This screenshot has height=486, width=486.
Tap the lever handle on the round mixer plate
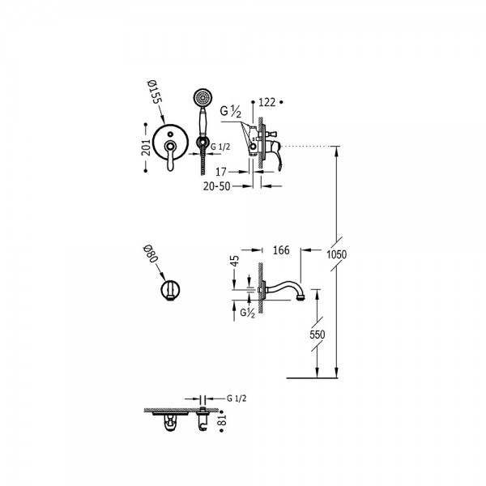click(171, 156)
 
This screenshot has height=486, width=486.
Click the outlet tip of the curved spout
click(302, 298)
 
